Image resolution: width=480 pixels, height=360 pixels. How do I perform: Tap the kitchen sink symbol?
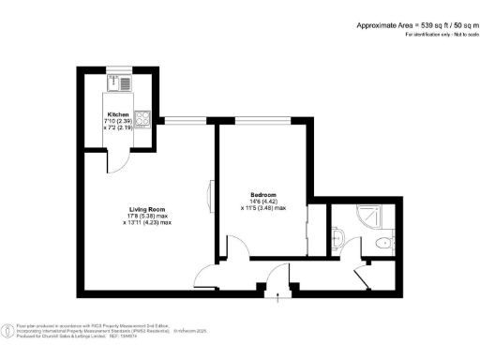pyautogui.click(x=126, y=83)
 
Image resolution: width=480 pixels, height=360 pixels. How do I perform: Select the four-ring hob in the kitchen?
pyautogui.click(x=143, y=119)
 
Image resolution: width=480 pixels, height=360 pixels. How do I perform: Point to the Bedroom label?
pyautogui.click(x=262, y=195)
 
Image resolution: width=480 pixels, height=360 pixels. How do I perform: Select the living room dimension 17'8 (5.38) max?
pyautogui.click(x=148, y=216)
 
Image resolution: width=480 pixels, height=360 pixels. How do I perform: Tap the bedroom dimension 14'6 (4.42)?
pyautogui.click(x=264, y=202)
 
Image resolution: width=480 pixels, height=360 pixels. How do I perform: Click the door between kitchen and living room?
pyautogui.click(x=115, y=160)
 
